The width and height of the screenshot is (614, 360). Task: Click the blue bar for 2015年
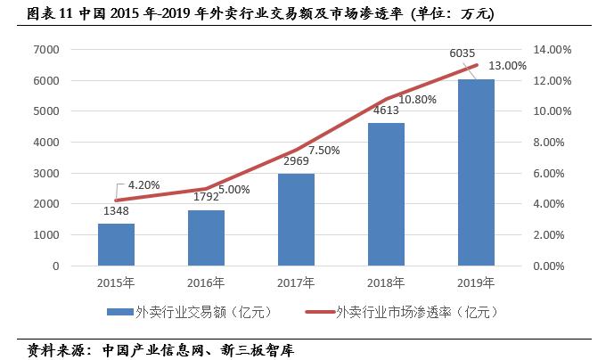115,244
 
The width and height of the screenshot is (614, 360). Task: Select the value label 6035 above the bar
462,54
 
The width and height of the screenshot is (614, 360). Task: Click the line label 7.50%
324,151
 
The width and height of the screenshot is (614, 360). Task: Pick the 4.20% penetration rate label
143,185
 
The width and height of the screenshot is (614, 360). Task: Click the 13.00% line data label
509,66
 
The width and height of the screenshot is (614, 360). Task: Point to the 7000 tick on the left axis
47,50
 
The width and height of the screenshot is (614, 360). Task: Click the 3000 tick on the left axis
47,173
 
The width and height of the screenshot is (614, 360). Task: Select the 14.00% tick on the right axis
549,50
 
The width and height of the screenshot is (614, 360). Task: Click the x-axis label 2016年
206,282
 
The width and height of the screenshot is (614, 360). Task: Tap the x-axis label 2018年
386,282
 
